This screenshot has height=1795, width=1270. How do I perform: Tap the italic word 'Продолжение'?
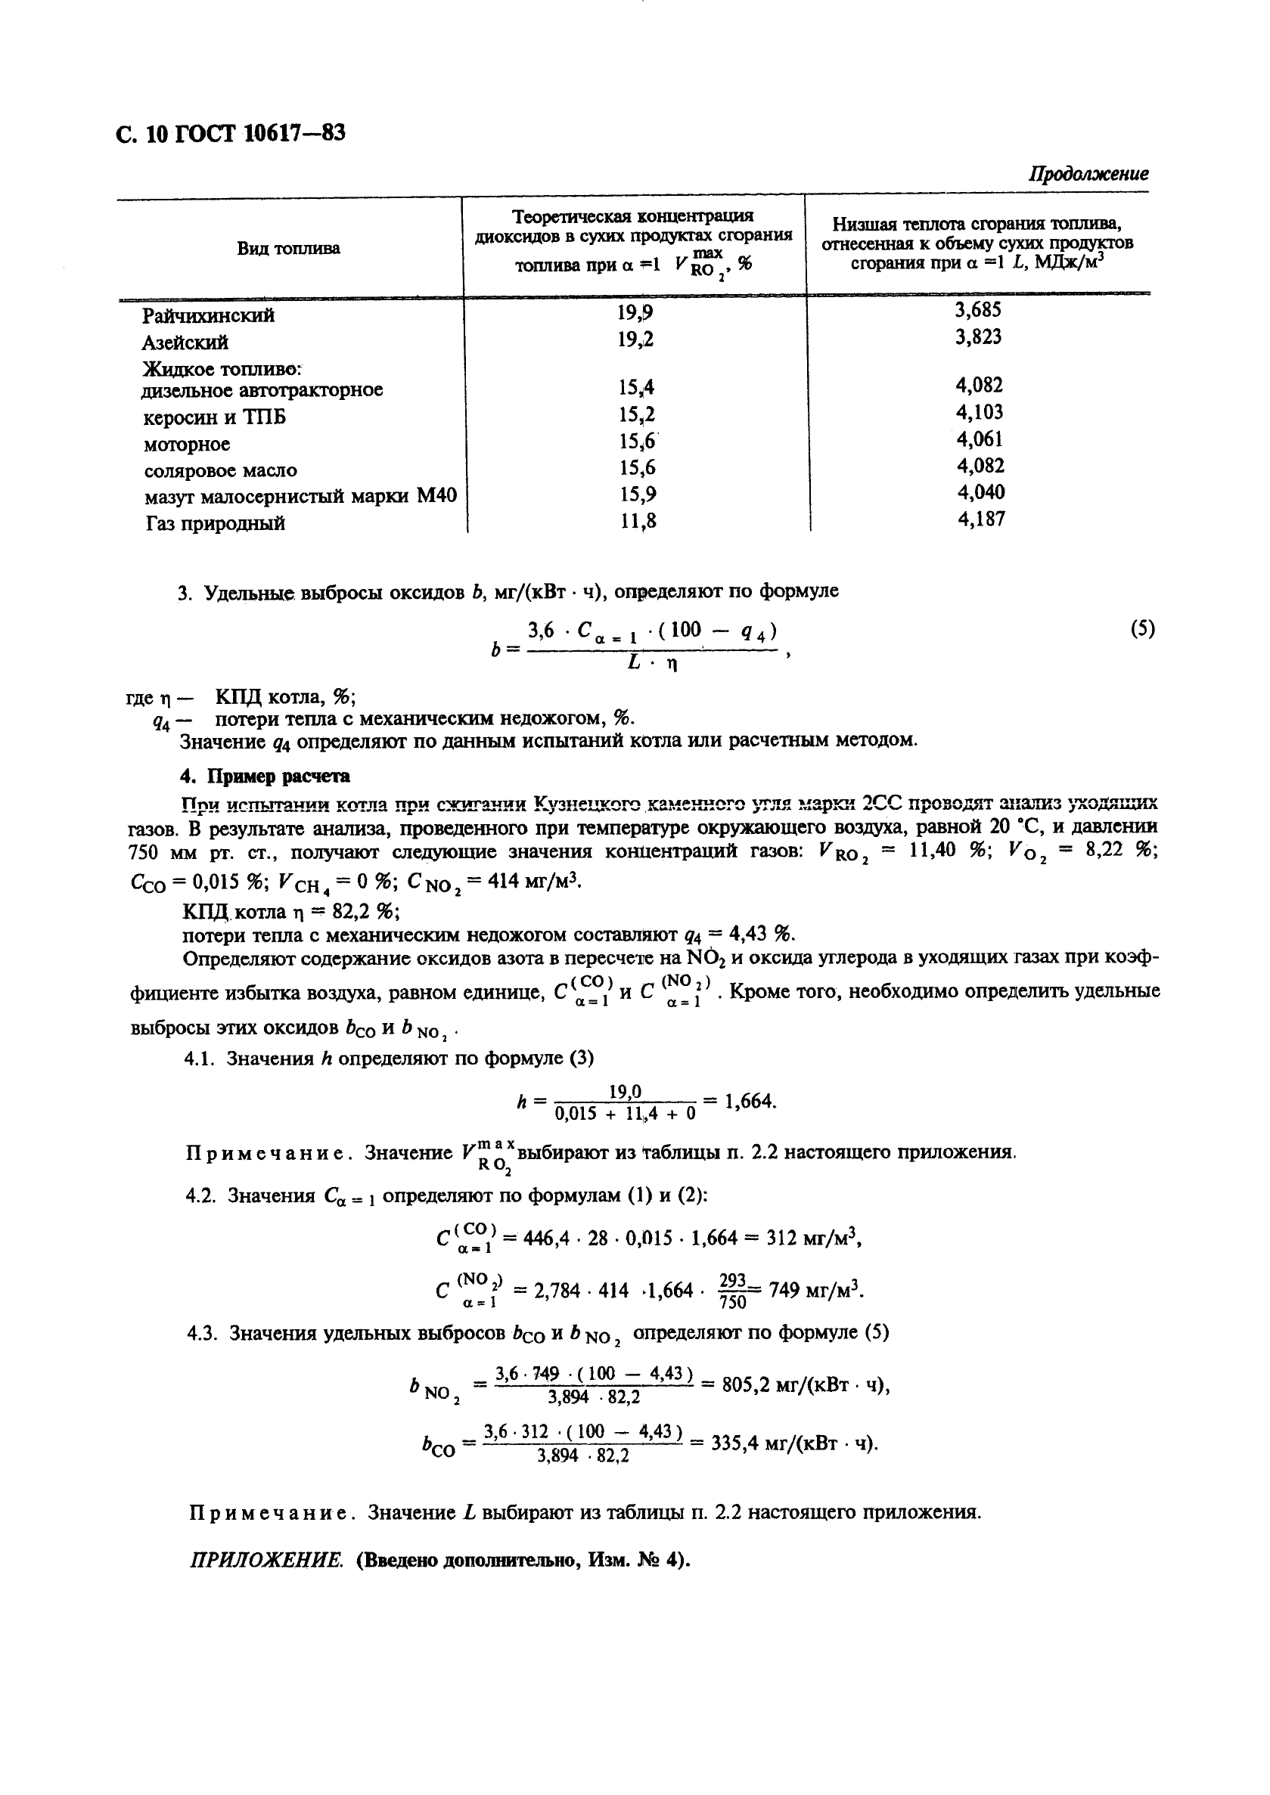point(1088,174)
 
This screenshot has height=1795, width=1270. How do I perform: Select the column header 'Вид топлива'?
point(288,249)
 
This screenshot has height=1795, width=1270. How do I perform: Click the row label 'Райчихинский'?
point(208,316)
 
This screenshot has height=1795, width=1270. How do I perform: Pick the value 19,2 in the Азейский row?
point(635,339)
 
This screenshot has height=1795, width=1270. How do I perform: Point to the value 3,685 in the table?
point(977,309)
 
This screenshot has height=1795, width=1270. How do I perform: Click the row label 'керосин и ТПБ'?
point(215,417)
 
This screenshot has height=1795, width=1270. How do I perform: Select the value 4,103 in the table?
point(980,412)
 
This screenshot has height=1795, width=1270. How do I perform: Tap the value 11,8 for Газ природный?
point(638,520)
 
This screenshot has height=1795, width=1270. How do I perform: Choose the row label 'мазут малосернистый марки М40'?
point(300,497)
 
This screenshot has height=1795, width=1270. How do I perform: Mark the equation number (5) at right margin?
point(1141,629)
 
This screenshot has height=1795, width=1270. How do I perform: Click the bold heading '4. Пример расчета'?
point(265,777)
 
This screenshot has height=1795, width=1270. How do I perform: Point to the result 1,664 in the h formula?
point(748,1102)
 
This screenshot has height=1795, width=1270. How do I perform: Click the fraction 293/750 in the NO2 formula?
point(732,1291)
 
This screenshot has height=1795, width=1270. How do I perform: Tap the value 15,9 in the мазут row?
point(638,494)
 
